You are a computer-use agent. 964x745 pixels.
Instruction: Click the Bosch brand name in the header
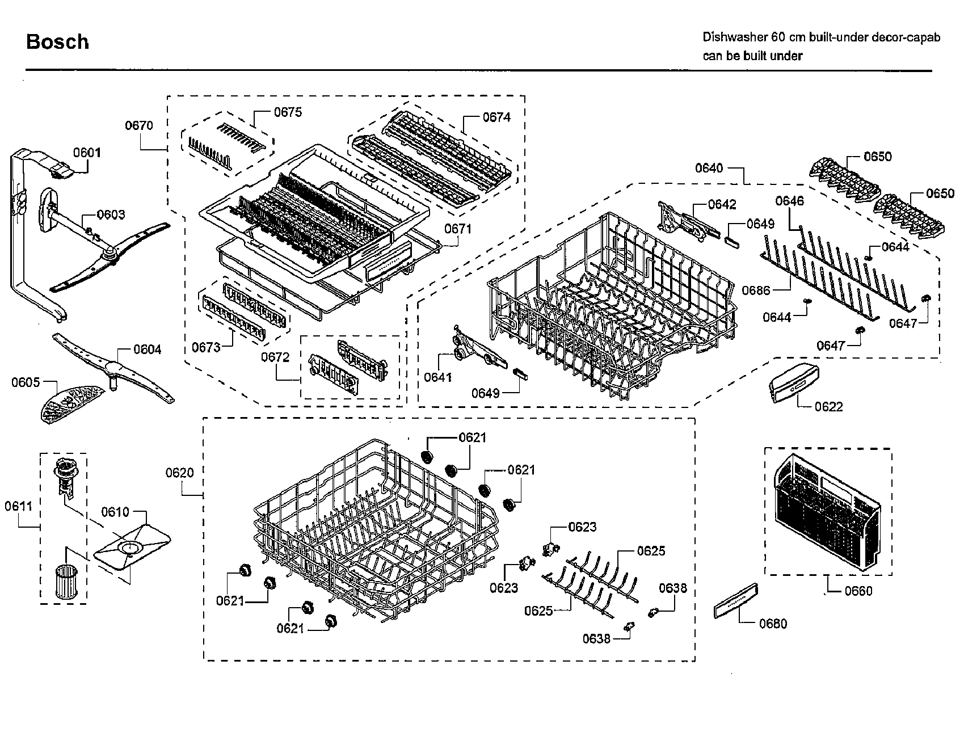[57, 42]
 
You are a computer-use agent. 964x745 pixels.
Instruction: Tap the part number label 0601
[87, 152]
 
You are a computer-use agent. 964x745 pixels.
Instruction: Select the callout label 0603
[111, 214]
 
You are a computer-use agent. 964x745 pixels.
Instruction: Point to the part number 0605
[26, 382]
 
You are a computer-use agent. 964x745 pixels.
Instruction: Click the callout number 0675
[288, 112]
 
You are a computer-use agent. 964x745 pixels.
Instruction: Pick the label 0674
[496, 117]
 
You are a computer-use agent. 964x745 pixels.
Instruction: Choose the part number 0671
[458, 229]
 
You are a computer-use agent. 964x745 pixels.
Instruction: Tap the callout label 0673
[206, 347]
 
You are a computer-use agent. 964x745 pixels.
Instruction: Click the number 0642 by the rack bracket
[722, 204]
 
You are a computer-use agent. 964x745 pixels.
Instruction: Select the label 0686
[756, 291]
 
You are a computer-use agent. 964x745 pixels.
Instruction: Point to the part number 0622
[829, 407]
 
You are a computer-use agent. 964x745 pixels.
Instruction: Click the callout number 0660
[858, 591]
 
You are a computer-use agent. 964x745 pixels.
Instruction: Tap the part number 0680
[773, 624]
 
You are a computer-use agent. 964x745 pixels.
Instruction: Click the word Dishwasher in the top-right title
[734, 37]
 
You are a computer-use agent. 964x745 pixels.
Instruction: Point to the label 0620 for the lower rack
[180, 473]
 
